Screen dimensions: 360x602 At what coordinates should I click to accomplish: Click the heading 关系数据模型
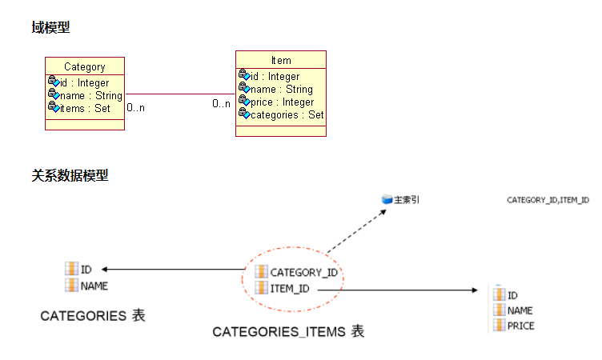tap(70, 175)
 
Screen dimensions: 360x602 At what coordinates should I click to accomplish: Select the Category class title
tap(84, 67)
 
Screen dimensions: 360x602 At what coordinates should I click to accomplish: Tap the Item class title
tap(281, 60)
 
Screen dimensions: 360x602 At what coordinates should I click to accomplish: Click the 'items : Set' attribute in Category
tap(85, 108)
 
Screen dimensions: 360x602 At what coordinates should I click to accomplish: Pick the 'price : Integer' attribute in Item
tap(282, 102)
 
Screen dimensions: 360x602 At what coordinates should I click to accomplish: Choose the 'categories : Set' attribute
tap(287, 114)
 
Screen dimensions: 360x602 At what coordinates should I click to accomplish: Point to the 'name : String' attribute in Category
tap(90, 95)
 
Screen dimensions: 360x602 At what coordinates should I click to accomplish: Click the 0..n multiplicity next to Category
tap(136, 106)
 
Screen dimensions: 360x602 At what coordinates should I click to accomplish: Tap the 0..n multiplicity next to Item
tap(221, 103)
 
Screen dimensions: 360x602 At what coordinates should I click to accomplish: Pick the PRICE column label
tap(520, 326)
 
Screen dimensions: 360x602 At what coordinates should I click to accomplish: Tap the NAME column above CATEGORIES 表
tap(94, 286)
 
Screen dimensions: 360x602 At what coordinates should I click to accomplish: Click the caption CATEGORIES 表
tap(93, 316)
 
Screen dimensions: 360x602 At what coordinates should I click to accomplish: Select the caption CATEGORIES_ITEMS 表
tap(287, 331)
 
